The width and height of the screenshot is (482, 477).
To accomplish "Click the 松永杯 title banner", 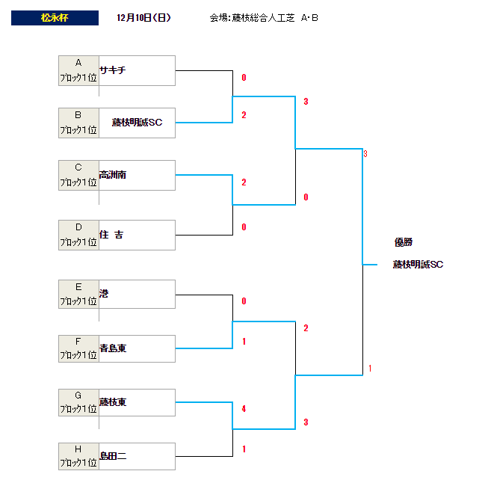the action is pos(55,18).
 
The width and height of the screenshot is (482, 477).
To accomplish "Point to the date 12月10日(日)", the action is pos(143,18).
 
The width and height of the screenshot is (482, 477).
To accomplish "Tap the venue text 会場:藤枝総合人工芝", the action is pos(252,18).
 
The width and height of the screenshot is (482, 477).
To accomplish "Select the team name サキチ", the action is pos(113,70).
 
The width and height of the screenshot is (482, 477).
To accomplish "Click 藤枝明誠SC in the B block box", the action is pos(137,123).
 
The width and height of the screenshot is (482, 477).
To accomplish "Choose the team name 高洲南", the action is pos(113,175).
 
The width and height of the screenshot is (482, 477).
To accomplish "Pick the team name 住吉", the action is pos(111,235).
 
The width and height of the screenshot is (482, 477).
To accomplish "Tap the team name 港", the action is pos(104,293).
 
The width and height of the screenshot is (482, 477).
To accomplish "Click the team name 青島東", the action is pos(113,348).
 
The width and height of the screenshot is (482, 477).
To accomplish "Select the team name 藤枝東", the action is pos(113,402).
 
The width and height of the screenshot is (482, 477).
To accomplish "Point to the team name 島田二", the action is pos(113,456).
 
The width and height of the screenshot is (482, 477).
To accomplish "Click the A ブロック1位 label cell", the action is pos(78,70).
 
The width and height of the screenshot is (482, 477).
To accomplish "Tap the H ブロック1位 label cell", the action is pos(78,456).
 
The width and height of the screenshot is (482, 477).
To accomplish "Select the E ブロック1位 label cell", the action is pos(78,294).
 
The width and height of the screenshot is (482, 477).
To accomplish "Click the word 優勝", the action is pos(404,242).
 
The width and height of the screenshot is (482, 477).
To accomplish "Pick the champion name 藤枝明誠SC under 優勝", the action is pos(418,265).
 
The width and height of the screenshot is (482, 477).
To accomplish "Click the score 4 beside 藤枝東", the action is pos(244,409).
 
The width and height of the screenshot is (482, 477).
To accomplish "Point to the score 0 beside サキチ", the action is pos(244,78).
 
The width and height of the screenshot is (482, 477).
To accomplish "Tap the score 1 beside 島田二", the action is pos(244,449).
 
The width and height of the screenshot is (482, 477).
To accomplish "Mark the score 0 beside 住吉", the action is pos(244,227).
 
